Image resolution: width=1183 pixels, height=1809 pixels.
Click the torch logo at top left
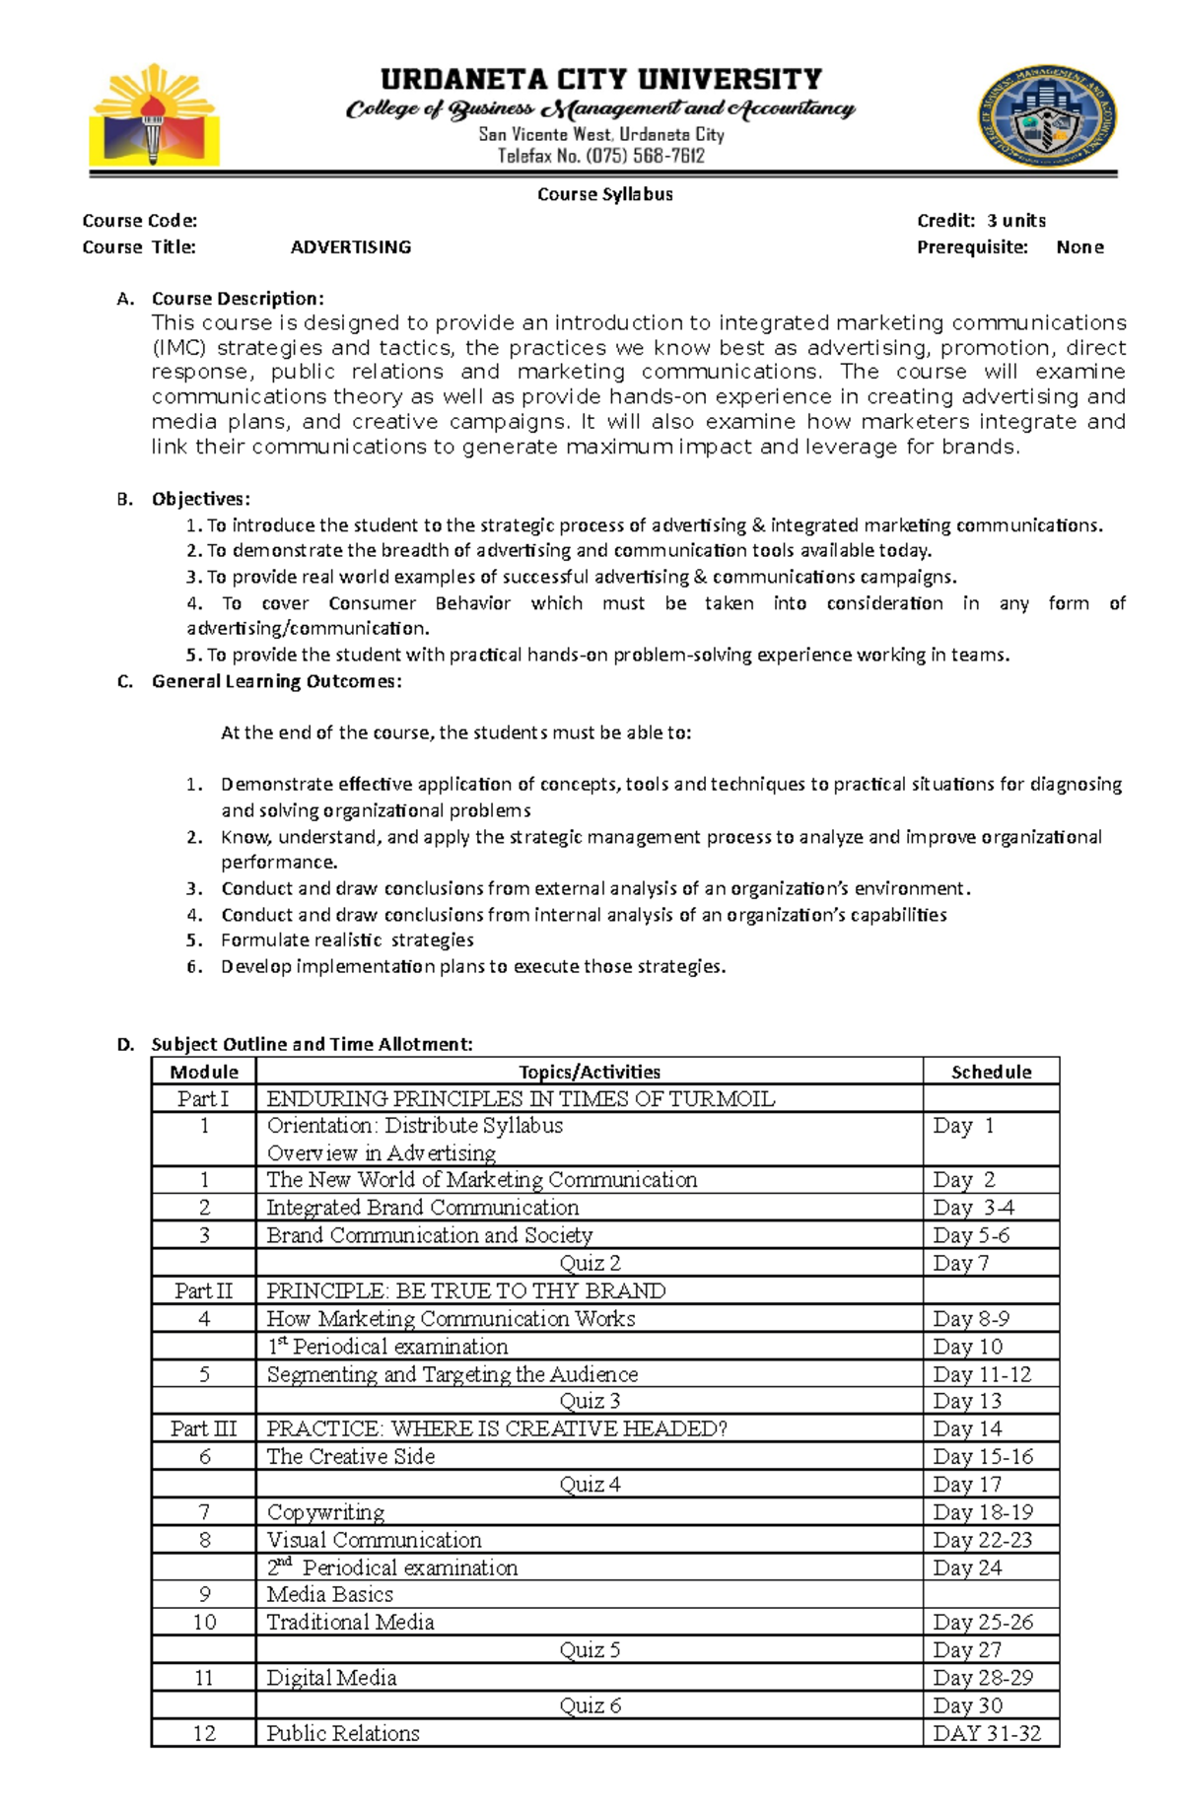[154, 116]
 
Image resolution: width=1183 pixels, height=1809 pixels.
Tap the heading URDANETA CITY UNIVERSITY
[600, 79]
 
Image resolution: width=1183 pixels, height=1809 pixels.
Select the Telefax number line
[600, 156]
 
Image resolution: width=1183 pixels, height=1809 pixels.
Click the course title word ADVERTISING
[351, 247]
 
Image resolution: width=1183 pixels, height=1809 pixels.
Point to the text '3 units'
[1016, 221]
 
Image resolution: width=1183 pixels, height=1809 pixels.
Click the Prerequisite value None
[1079, 247]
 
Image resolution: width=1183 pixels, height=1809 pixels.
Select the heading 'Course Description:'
[237, 299]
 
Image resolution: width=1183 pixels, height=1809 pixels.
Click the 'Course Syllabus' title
[604, 194]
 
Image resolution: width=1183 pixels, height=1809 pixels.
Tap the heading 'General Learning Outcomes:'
[276, 681]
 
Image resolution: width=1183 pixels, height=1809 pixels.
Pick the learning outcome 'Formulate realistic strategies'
[347, 940]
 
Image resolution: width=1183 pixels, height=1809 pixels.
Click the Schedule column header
[991, 1072]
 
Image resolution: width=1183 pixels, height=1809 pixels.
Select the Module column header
[204, 1072]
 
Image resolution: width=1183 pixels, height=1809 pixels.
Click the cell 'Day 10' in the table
[967, 1347]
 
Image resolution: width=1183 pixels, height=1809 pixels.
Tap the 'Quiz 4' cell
[590, 1485]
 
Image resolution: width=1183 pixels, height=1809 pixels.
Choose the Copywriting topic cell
[325, 1512]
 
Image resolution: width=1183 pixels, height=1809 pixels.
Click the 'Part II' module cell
[204, 1291]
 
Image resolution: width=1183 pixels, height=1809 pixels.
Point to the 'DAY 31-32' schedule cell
[987, 1733]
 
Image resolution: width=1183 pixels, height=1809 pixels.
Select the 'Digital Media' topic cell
[331, 1678]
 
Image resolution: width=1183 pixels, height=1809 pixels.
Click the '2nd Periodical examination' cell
[391, 1567]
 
